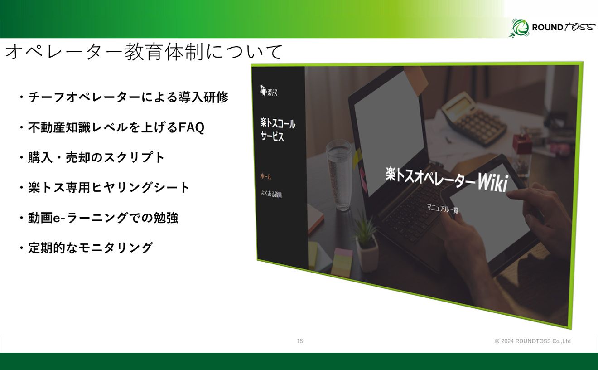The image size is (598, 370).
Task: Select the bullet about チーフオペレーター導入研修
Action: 128,97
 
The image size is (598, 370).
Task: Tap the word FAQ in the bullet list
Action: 191,128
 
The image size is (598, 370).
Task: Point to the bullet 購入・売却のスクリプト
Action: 96,158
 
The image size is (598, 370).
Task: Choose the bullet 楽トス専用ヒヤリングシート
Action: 109,188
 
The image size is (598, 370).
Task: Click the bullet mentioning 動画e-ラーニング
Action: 103,218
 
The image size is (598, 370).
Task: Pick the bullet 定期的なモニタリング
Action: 90,248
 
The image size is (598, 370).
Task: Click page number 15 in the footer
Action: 300,341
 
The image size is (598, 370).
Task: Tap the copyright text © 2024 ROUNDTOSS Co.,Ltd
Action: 533,341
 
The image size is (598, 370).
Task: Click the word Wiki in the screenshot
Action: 492,182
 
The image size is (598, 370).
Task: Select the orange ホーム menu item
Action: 265,176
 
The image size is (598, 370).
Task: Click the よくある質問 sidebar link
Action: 271,195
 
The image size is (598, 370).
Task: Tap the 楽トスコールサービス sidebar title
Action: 278,129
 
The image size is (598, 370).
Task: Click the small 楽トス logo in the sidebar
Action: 269,91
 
